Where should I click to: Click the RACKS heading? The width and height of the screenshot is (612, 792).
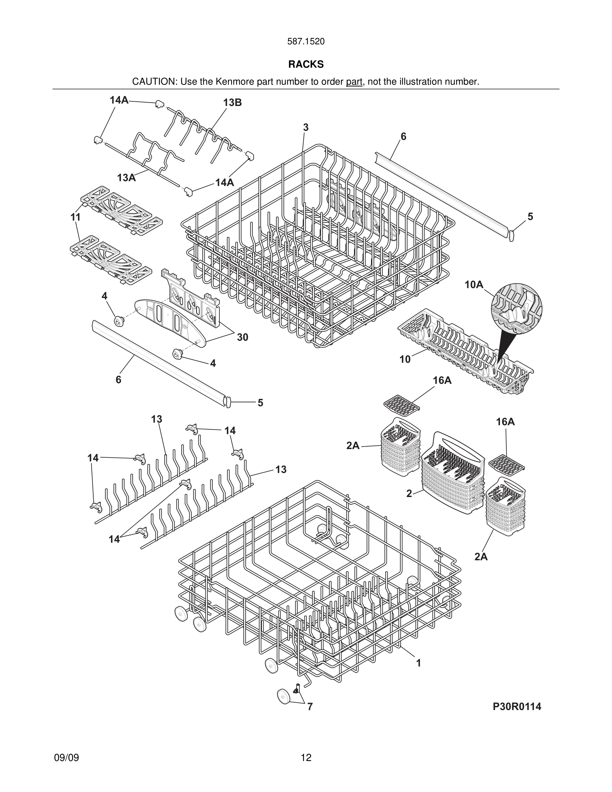[306, 64]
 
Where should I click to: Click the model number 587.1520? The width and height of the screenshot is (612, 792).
[306, 41]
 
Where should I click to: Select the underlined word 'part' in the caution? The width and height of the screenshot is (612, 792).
[354, 82]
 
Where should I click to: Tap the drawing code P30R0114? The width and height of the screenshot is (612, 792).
[517, 706]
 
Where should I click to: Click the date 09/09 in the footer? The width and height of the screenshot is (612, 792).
[66, 758]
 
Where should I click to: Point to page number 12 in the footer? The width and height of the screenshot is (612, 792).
[306, 758]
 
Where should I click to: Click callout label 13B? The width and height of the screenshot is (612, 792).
[232, 103]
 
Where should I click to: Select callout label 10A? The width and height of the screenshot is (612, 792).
[474, 285]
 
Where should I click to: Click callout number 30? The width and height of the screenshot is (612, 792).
[242, 337]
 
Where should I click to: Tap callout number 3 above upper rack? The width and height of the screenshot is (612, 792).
[306, 127]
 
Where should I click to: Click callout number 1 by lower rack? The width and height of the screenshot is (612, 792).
[418, 663]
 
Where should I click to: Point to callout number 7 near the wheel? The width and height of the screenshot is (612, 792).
[310, 707]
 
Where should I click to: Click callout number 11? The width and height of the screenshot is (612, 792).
[75, 217]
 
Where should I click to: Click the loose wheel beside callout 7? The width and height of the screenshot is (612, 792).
[284, 697]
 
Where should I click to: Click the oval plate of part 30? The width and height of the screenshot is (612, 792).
[170, 321]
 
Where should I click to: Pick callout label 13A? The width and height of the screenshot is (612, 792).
[126, 178]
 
